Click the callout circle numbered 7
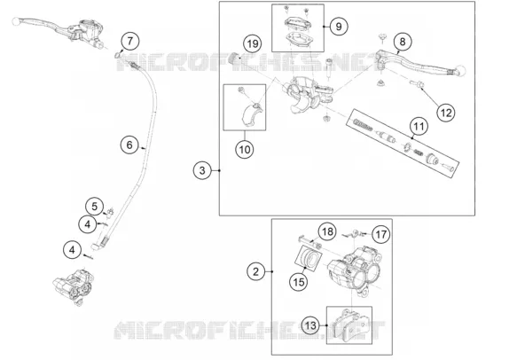tap(130, 41)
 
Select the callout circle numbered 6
tap(129, 145)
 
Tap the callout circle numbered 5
tap(95, 207)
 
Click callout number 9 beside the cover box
tap(339, 27)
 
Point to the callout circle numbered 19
tap(253, 43)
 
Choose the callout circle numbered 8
tap(403, 42)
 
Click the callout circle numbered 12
tap(446, 113)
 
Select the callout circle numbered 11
tap(419, 126)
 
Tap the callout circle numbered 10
tap(245, 150)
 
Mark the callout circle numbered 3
tap(202, 170)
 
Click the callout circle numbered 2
tap(255, 271)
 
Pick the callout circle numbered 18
tap(327, 231)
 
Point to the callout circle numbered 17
tap(380, 234)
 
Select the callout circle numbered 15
tap(298, 282)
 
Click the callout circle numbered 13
tap(310, 325)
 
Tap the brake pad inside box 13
tap(353, 325)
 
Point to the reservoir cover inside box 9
tap(298, 23)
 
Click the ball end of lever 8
tap(459, 70)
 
